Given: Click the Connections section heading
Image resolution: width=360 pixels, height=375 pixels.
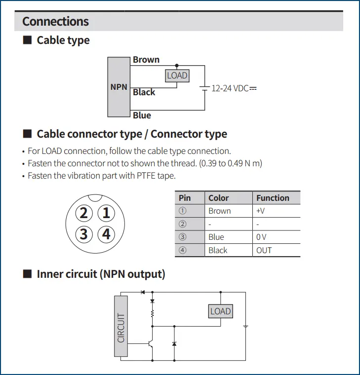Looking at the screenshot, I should [x=55, y=21].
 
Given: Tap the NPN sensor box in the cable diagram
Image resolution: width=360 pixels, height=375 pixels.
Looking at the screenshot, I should [x=119, y=87].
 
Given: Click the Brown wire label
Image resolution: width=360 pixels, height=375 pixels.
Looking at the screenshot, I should [x=146, y=60].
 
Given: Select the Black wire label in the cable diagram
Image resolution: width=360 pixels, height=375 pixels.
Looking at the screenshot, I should [x=144, y=92].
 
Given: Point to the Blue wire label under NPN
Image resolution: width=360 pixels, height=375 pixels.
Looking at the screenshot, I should [x=142, y=115].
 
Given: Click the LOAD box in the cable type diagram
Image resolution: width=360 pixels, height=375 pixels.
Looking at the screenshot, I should [x=177, y=75].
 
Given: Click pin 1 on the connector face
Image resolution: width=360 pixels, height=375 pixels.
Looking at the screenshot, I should [x=106, y=213].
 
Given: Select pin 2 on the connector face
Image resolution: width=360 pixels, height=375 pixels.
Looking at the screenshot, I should [x=83, y=213].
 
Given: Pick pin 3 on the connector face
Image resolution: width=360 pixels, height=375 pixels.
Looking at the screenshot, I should [x=83, y=233].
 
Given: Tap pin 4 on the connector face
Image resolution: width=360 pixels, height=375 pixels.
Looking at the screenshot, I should [x=106, y=233].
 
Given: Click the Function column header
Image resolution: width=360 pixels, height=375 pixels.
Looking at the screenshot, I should [x=273, y=198].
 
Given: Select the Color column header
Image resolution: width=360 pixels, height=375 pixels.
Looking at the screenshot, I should [x=218, y=198].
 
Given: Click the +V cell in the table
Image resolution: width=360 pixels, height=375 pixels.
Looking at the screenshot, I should [x=261, y=211].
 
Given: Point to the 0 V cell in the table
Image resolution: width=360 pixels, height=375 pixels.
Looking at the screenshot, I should [x=261, y=237].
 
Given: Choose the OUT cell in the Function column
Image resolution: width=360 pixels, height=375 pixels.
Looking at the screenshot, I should [x=264, y=250].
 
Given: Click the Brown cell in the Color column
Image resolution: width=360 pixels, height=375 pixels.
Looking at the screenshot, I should [x=219, y=211].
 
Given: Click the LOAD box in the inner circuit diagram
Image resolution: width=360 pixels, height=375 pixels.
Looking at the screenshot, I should [x=220, y=311].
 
